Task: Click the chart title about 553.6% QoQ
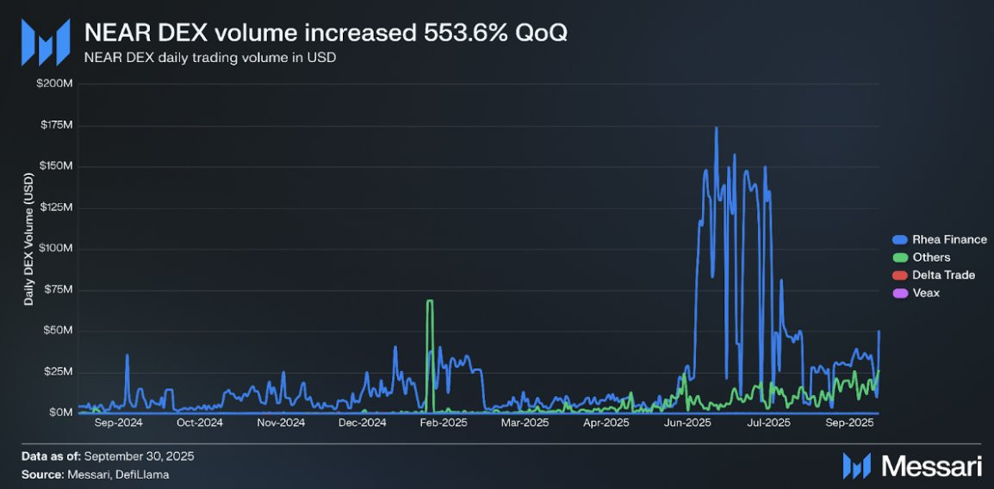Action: pyautogui.click(x=325, y=33)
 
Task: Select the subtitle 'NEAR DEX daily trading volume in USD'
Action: pyautogui.click(x=209, y=59)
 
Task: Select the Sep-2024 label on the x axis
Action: pyautogui.click(x=118, y=423)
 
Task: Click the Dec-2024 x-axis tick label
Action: pyautogui.click(x=362, y=423)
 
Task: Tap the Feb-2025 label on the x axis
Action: pyautogui.click(x=444, y=423)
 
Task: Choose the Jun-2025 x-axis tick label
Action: pyautogui.click(x=687, y=423)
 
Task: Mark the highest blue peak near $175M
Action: pyautogui.click(x=716, y=128)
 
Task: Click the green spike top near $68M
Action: pyautogui.click(x=429, y=301)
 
